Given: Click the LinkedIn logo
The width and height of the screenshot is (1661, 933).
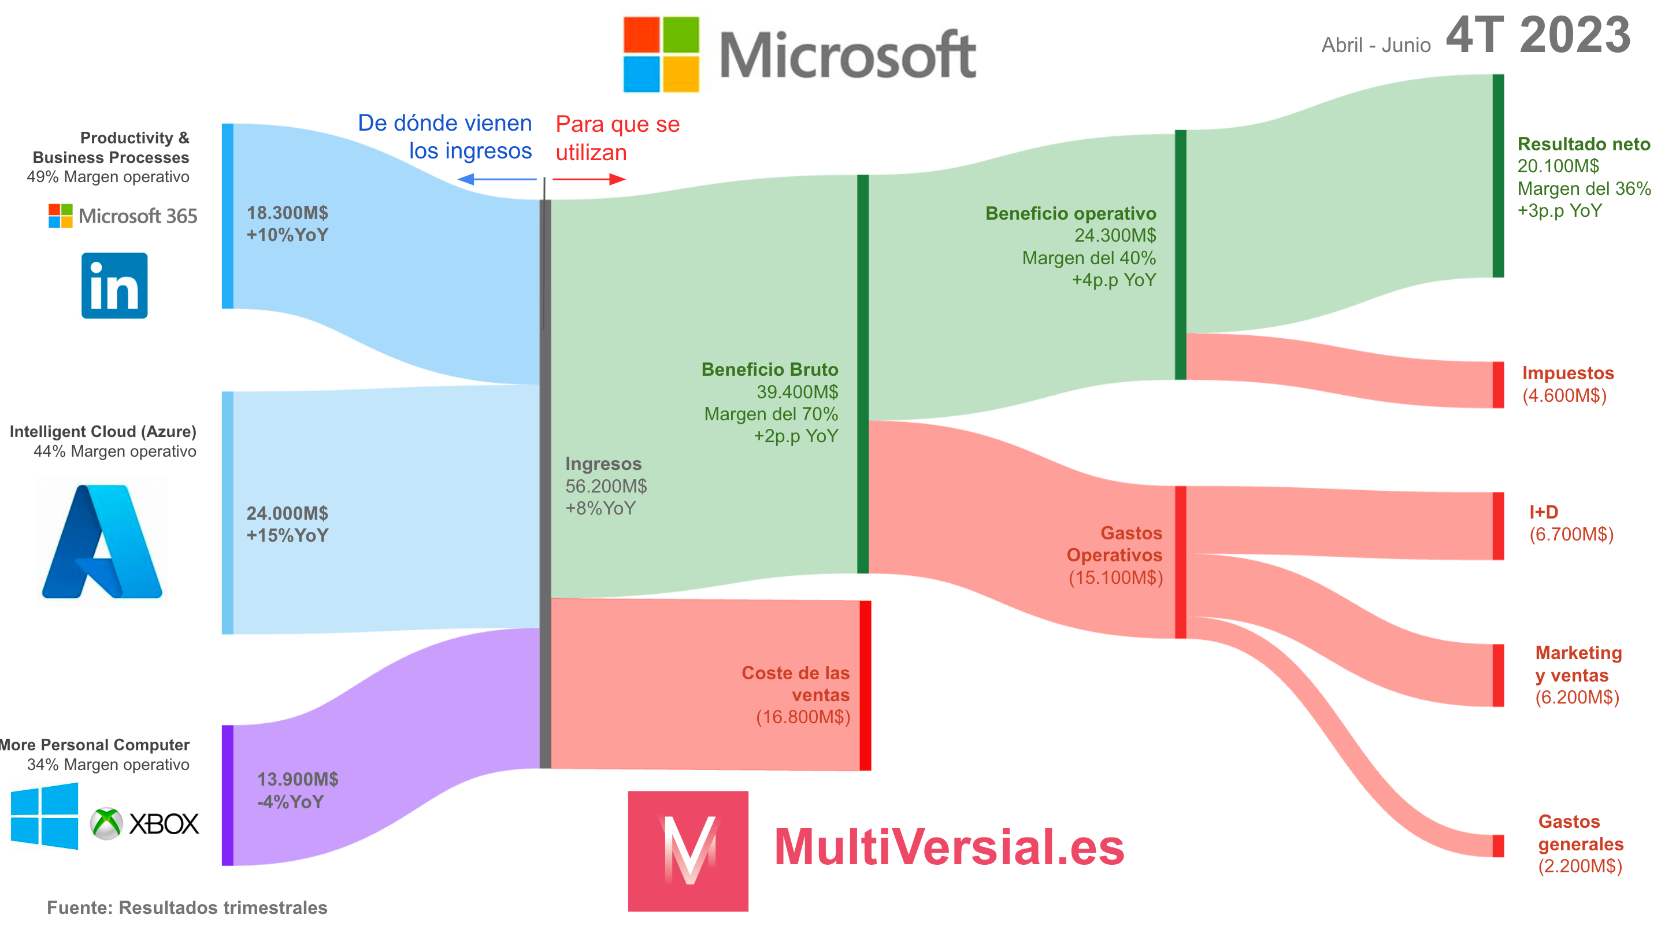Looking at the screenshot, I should pos(114,286).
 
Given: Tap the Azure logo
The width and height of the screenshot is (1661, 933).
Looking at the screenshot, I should pos(102,542).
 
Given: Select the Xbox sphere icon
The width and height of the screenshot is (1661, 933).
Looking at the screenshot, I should pos(106,823).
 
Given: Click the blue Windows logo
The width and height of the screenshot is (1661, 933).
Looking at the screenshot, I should pos(45,816).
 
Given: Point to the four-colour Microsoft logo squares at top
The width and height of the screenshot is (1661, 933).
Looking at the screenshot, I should pos(661,54).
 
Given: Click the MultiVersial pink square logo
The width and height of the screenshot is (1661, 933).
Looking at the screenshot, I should pos(688,850).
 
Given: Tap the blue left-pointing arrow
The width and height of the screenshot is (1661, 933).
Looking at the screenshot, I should pos(496,179).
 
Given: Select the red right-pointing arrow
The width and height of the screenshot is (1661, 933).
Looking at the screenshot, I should pos(589,179).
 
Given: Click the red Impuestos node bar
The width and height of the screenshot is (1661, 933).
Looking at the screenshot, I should pos(1498,385).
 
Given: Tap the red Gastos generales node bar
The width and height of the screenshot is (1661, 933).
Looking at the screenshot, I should pos(1498,845).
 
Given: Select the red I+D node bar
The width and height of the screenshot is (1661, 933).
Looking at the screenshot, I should pos(1498,525).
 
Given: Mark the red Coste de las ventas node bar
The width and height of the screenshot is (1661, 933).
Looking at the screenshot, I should pos(865,686).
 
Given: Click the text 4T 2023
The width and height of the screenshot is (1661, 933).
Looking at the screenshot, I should pos(1538,36).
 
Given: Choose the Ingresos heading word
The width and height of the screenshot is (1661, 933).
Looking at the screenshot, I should pos(603,464).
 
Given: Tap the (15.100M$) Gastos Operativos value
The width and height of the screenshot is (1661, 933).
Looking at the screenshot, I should pos(1115,577).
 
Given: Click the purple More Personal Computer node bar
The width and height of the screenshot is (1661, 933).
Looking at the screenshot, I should pos(227,795).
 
